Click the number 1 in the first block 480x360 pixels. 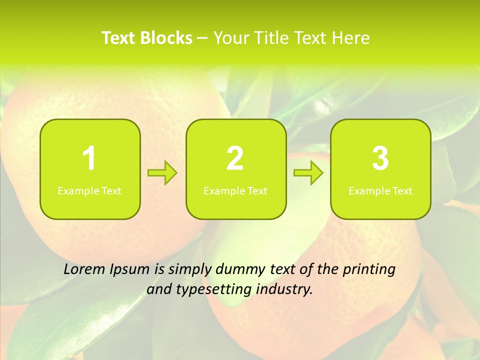coord(89,158)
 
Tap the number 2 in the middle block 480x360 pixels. coord(235,158)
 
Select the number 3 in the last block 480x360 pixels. coord(380,158)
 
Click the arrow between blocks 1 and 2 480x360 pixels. coord(162,173)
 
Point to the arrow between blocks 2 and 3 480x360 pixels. coord(308,173)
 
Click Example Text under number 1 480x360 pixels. coord(89,190)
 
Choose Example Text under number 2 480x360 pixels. coord(235,190)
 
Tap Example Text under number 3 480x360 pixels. coord(380,190)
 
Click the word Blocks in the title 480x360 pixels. coord(167,38)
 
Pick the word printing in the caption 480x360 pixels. coord(369,270)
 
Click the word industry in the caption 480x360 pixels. coord(285,289)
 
